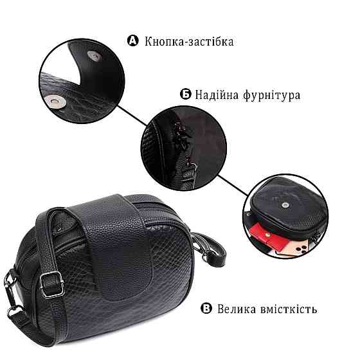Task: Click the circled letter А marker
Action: click(133, 41)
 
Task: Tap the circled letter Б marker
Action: click(186, 94)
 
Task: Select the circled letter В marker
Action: click(206, 308)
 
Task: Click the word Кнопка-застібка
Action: click(189, 42)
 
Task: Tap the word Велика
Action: click(237, 309)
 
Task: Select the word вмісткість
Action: click(289, 309)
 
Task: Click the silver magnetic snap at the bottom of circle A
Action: click(55, 102)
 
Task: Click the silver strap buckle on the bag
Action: click(51, 284)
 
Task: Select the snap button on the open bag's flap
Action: click(285, 205)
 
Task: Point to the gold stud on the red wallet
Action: click(267, 234)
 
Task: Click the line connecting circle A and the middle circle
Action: click(132, 116)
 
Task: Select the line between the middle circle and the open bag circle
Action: click(233, 186)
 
